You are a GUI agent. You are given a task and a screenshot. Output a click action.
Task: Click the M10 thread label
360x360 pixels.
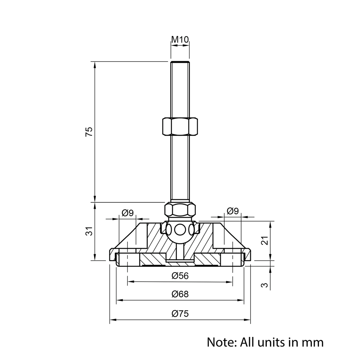point(180,40)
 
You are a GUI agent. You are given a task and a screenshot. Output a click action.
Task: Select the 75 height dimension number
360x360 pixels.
point(89,131)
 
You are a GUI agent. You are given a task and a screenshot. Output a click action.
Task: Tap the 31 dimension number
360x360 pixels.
point(89,231)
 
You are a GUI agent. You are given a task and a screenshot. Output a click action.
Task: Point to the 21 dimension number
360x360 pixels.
point(265,240)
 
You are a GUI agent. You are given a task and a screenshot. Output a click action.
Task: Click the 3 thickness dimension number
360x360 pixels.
point(265,285)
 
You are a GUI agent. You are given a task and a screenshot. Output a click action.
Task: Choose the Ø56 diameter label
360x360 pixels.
point(180,276)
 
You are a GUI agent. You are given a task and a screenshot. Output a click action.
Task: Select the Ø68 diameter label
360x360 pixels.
point(180,294)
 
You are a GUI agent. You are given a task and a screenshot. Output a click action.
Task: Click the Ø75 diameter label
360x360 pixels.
point(180,314)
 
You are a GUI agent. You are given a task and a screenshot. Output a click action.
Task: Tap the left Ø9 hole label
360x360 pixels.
point(128,213)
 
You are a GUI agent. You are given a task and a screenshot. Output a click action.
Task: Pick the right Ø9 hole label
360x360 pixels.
point(233,211)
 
